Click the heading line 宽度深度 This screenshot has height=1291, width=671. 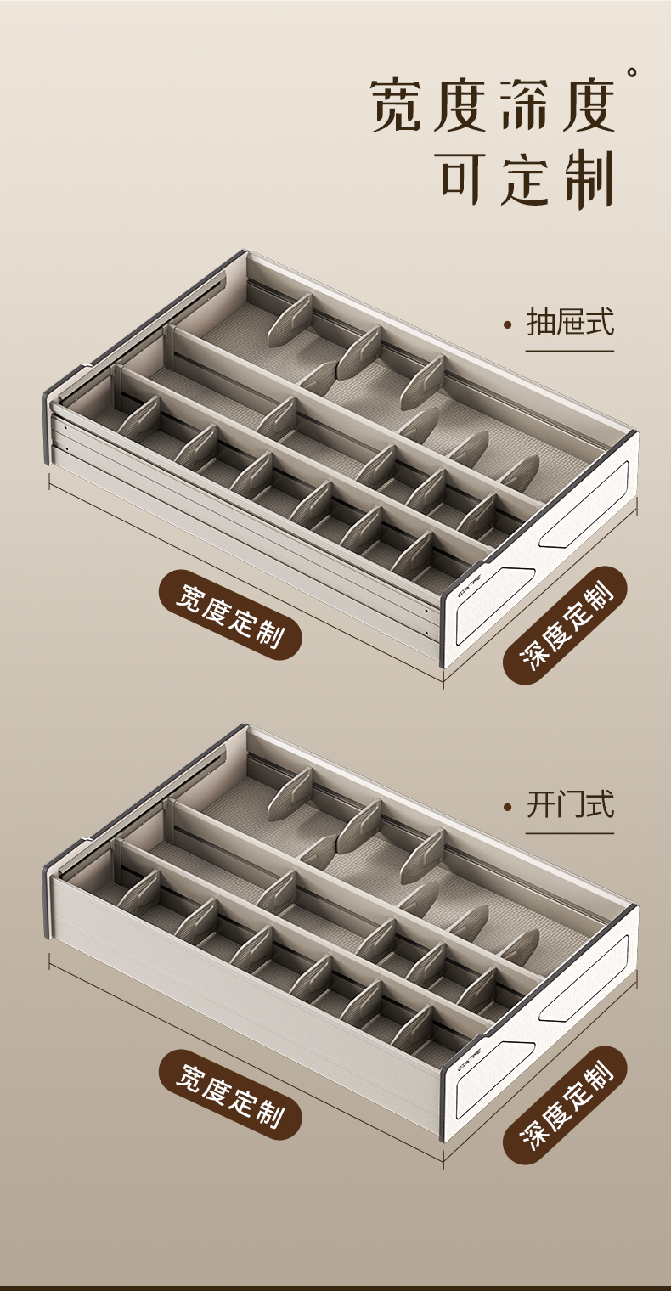click(492, 106)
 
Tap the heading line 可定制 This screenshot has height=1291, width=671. click(527, 179)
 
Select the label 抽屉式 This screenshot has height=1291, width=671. click(570, 322)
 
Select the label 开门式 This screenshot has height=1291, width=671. click(570, 803)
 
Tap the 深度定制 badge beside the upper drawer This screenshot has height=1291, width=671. click(564, 624)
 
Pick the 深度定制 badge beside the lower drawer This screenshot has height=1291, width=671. click(564, 1104)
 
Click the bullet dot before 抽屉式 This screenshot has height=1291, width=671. click(508, 324)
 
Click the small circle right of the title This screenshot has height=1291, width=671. click(632, 73)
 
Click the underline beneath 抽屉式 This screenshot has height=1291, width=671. click(570, 350)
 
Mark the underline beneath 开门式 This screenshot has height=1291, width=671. click(570, 832)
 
